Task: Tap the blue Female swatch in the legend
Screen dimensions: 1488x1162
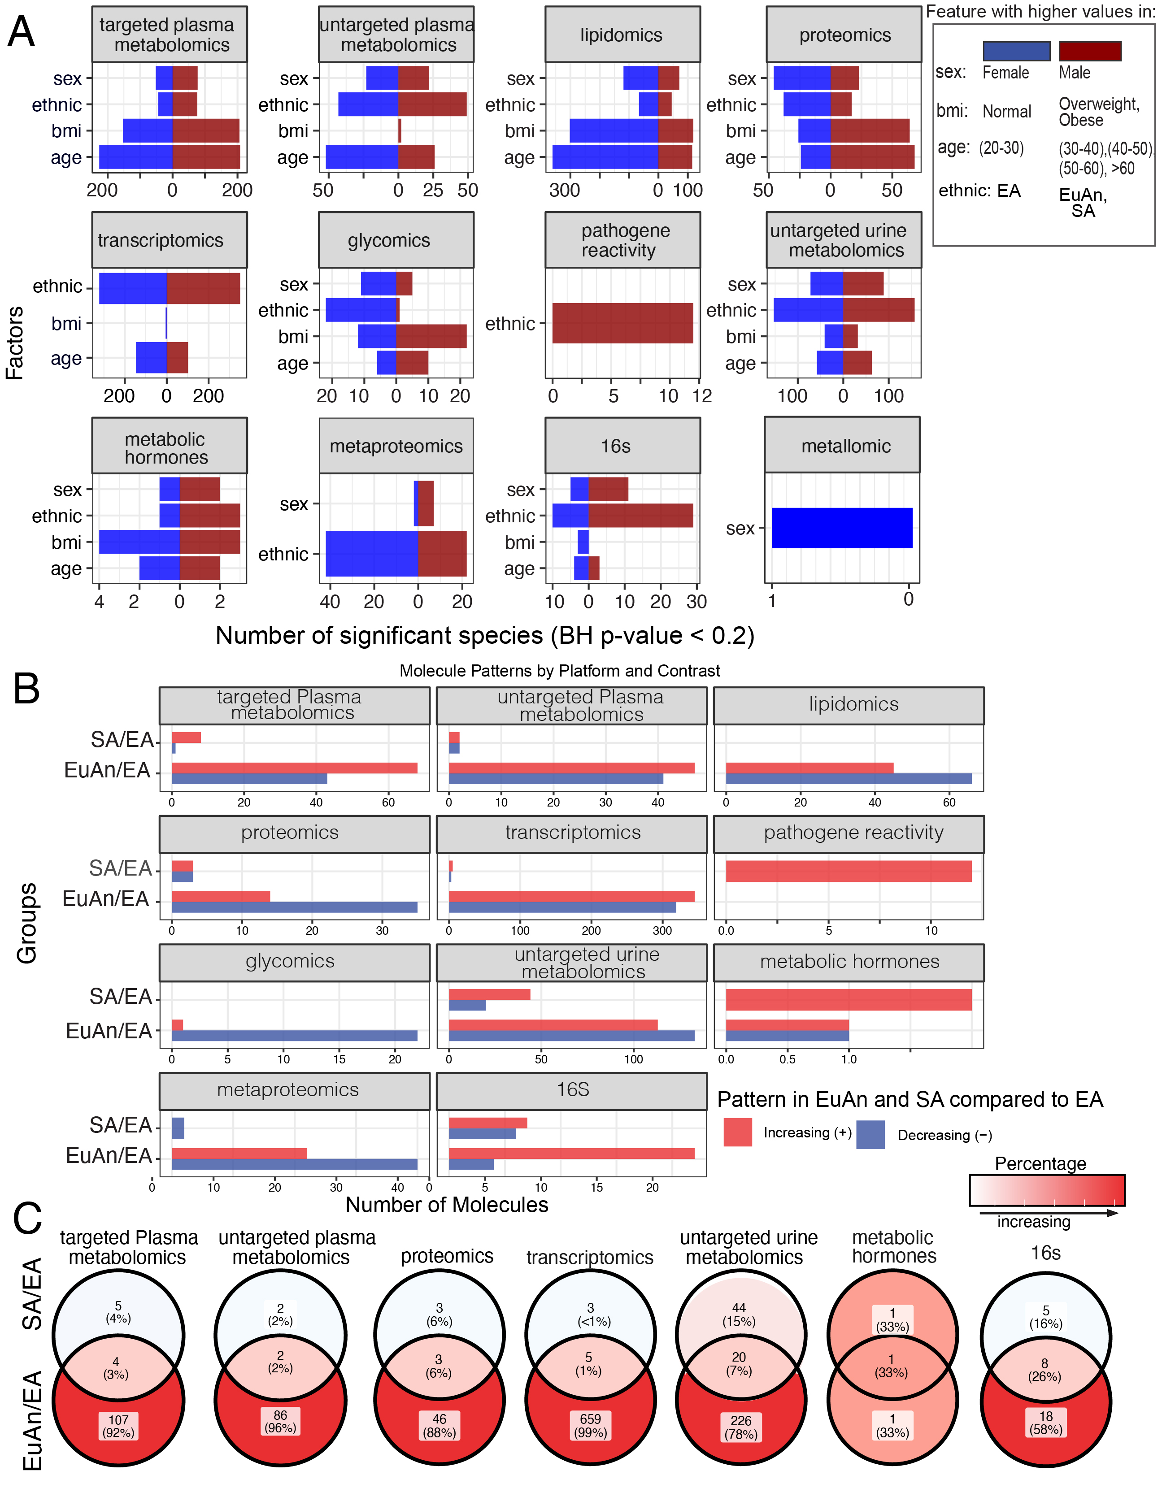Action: coord(1015,51)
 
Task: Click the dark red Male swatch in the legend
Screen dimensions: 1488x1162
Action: coord(1089,51)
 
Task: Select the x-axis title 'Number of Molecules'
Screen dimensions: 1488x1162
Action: coord(446,1205)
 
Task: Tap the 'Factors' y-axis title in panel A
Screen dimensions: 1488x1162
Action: coord(15,343)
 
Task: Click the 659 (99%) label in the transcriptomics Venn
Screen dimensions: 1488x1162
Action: coord(590,1425)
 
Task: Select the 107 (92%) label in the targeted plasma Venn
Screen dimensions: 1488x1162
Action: coord(118,1426)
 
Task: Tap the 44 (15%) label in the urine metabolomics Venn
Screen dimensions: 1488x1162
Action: coord(739,1314)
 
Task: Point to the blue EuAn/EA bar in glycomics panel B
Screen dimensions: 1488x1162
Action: coord(294,1036)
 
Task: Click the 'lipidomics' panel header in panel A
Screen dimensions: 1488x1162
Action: coord(622,35)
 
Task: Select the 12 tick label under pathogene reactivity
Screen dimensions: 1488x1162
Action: coord(702,396)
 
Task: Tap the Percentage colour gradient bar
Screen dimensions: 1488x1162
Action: coord(1046,1189)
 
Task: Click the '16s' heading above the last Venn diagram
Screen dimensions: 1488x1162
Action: coord(1045,1252)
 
